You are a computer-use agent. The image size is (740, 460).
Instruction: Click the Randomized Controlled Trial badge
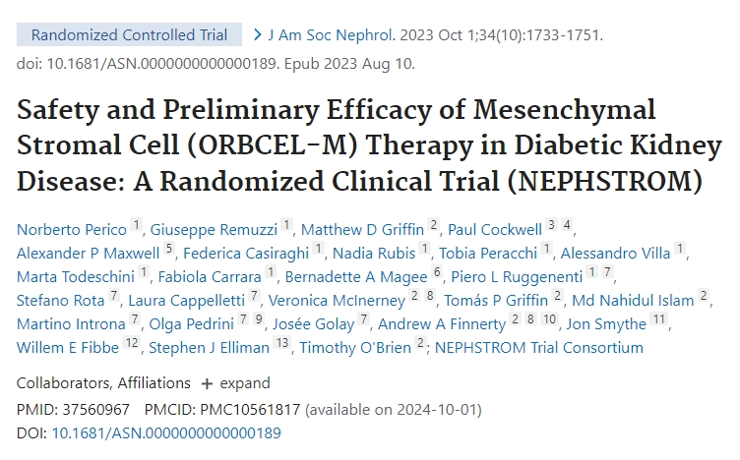click(x=129, y=35)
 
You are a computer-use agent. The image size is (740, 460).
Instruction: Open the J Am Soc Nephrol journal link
click(x=323, y=35)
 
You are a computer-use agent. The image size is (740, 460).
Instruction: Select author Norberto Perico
click(x=72, y=229)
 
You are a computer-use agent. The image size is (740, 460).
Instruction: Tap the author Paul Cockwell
click(x=495, y=229)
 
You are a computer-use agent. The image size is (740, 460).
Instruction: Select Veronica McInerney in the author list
click(x=337, y=300)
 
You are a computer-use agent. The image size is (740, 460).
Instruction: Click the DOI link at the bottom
click(x=166, y=432)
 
